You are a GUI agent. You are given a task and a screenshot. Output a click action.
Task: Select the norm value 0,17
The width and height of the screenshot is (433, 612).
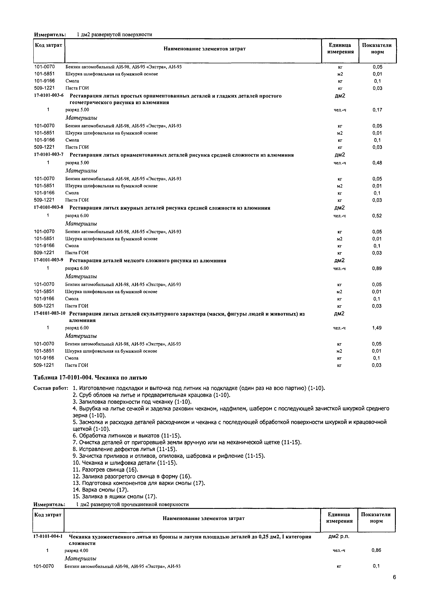(x=377, y=110)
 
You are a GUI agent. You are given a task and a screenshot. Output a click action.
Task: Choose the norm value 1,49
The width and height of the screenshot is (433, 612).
(x=377, y=328)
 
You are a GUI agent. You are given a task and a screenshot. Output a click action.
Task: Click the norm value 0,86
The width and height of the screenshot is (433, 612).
(x=376, y=550)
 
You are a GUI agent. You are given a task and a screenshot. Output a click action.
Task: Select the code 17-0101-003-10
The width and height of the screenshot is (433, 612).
(x=49, y=314)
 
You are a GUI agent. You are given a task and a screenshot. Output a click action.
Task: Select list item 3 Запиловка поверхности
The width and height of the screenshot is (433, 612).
(x=132, y=402)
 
